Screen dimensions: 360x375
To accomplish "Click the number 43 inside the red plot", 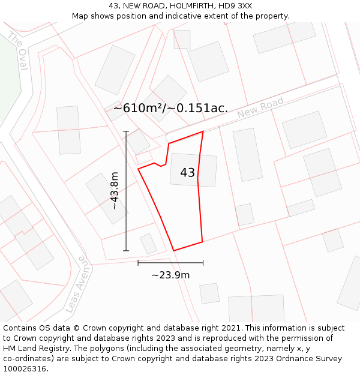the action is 187,173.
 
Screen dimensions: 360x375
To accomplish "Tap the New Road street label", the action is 260,108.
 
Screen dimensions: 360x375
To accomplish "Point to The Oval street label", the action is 18,51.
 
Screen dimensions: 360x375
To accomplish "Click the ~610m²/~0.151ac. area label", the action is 170,108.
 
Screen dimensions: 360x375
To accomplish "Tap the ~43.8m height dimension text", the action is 115,191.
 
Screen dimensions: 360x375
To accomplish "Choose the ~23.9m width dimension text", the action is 170,275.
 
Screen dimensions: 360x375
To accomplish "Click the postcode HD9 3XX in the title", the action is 235,5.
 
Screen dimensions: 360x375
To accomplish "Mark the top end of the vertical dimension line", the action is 126,131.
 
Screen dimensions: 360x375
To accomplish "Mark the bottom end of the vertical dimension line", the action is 126,250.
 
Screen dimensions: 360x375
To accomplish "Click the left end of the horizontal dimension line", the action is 138,262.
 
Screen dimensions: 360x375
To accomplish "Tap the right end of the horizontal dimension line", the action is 203,262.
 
